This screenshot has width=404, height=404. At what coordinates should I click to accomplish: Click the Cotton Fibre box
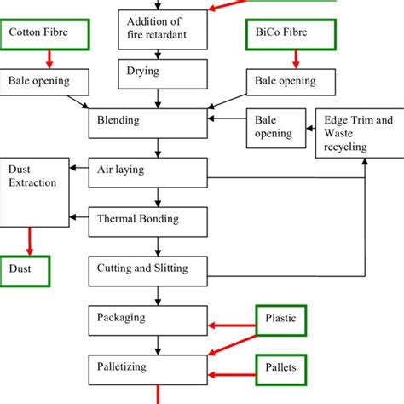[46, 34]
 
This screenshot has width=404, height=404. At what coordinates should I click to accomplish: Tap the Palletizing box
[148, 367]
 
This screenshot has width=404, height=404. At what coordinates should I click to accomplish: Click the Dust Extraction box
[34, 191]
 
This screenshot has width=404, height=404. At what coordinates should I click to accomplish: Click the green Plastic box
[281, 320]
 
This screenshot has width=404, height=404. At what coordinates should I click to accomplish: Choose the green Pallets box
[281, 367]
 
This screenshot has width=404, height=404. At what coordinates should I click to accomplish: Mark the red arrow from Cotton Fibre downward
[49, 58]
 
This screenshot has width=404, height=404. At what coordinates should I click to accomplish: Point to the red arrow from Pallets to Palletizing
[232, 374]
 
